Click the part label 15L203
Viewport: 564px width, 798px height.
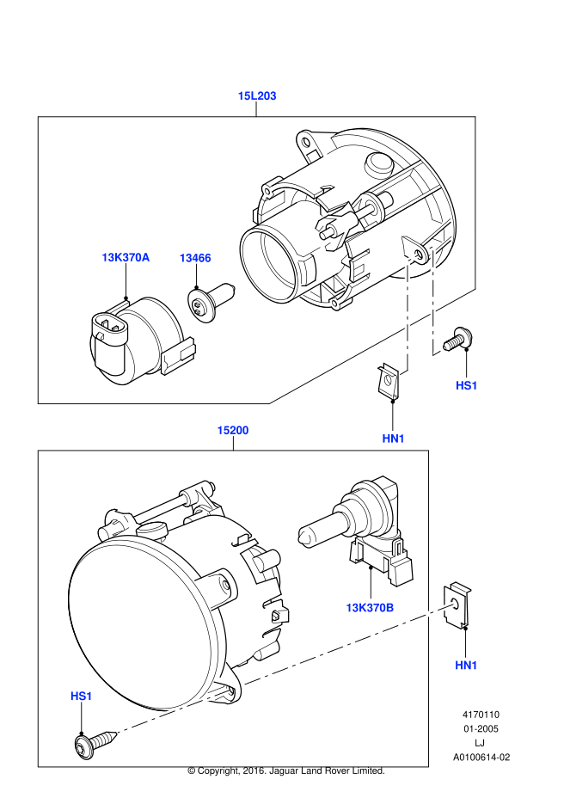click(257, 96)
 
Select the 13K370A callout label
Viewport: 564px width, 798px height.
click(126, 257)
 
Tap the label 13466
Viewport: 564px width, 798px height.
click(195, 257)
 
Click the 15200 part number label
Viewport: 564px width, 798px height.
click(232, 430)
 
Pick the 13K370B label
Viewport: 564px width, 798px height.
click(370, 607)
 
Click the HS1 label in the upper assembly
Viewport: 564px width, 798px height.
click(467, 385)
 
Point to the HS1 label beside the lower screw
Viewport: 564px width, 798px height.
click(81, 695)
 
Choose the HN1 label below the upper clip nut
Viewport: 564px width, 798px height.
click(394, 439)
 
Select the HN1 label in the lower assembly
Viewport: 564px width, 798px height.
click(466, 665)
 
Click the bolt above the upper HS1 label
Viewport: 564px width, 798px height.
click(457, 341)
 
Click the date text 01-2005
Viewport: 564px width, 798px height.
click(481, 728)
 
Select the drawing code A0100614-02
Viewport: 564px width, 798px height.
click(481, 758)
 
